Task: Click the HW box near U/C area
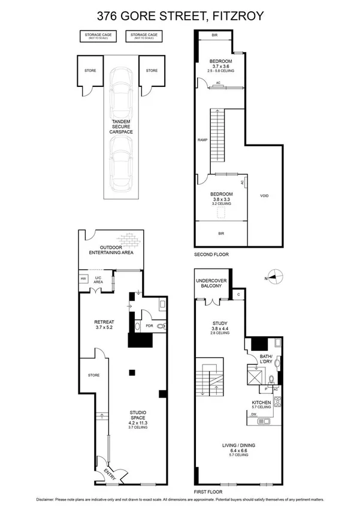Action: tap(83, 279)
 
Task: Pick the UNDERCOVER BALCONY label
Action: tap(209, 283)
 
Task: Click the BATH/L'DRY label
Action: tap(266, 359)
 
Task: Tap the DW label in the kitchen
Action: tap(253, 414)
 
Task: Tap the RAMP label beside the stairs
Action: tap(202, 140)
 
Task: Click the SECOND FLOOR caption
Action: tap(211, 255)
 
